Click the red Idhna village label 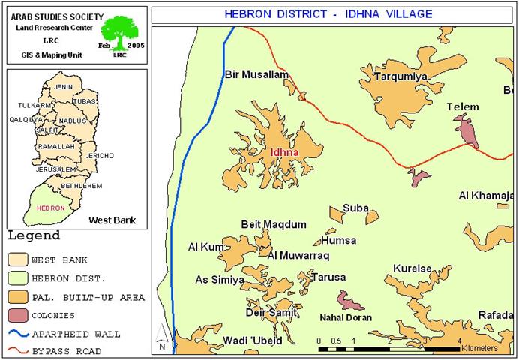pyautogui.click(x=284, y=152)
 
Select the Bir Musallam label pyautogui.click(x=256, y=74)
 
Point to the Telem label pyautogui.click(x=462, y=106)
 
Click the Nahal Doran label pyautogui.click(x=346, y=317)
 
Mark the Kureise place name pyautogui.click(x=412, y=268)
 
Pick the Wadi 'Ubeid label pyautogui.click(x=253, y=340)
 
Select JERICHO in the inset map pyautogui.click(x=99, y=155)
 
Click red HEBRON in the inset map pyautogui.click(x=50, y=208)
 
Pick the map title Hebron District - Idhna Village pyautogui.click(x=328, y=14)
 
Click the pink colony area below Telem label pyautogui.click(x=467, y=130)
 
